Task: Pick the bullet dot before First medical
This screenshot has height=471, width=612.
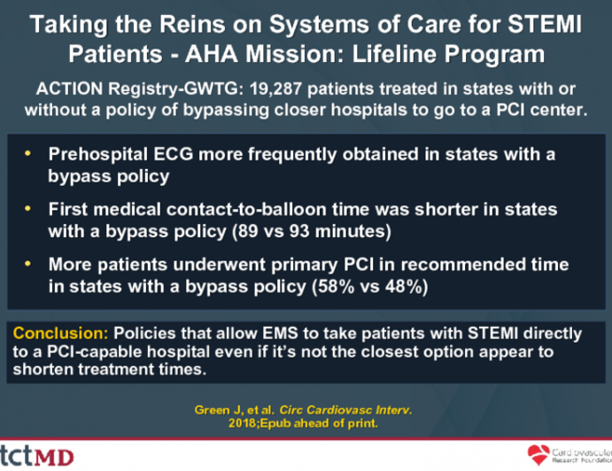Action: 31,210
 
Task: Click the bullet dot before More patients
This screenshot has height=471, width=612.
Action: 31,265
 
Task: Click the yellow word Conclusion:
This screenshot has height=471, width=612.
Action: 56,335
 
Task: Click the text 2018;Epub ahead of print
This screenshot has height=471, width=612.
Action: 305,426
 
